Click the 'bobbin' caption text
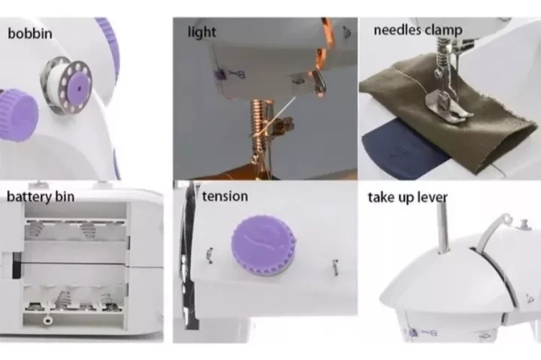[x=30, y=34]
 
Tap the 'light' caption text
[x=202, y=32]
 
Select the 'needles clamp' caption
[x=418, y=30]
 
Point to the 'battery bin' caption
[x=41, y=197]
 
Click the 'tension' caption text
[x=225, y=196]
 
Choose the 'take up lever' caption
[x=407, y=198]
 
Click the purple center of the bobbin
[x=79, y=89]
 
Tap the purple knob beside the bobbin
[x=18, y=115]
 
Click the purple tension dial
[x=264, y=246]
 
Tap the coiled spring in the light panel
[x=258, y=121]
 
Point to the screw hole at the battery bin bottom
[x=47, y=320]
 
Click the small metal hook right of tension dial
[x=334, y=267]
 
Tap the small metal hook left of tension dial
[x=210, y=255]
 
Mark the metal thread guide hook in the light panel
[x=319, y=81]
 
